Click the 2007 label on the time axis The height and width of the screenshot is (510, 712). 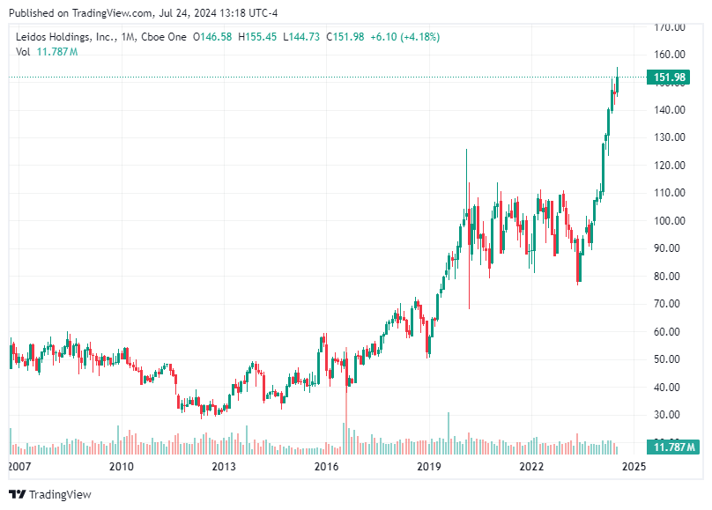(19, 466)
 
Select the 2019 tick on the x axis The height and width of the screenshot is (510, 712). (428, 466)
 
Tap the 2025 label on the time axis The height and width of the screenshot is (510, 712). (634, 466)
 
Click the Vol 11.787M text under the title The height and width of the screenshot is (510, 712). (47, 52)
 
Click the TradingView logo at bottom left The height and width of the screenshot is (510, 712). (50, 494)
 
